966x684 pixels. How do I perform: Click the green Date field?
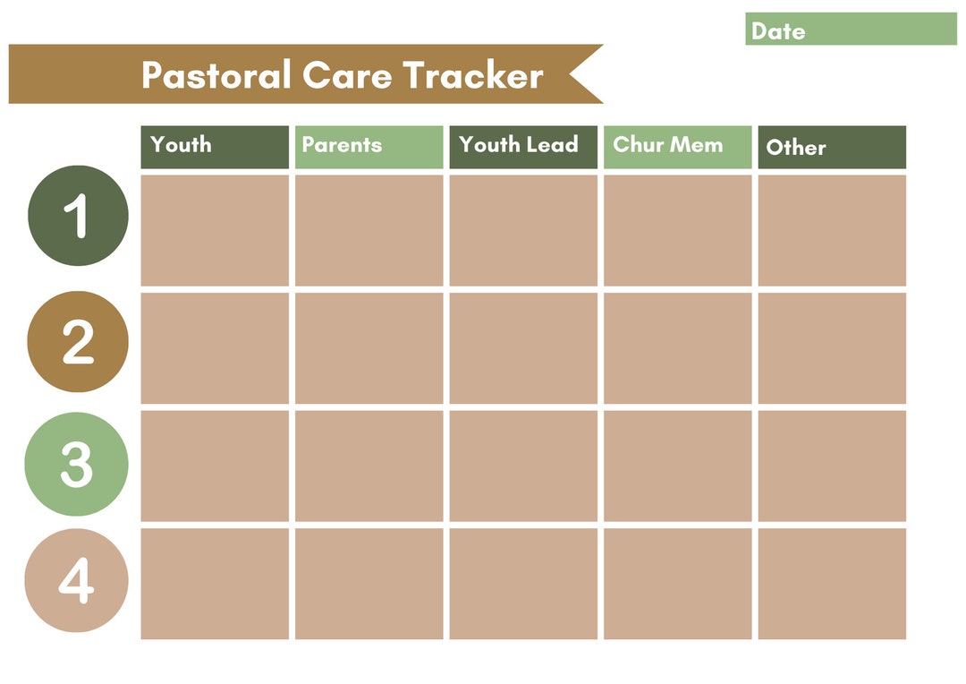click(x=850, y=30)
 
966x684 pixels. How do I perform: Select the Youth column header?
click(x=215, y=147)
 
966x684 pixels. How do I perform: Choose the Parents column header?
click(x=369, y=147)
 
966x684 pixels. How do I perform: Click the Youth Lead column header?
click(x=523, y=147)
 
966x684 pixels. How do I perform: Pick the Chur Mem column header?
click(x=677, y=147)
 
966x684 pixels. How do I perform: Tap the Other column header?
click(x=832, y=147)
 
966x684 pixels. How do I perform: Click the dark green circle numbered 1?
click(x=78, y=216)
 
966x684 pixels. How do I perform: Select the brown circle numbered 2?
click(x=78, y=341)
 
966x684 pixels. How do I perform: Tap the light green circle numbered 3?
click(x=76, y=464)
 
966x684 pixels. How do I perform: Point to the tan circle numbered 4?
click(x=76, y=581)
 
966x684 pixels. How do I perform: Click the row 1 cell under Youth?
click(x=215, y=230)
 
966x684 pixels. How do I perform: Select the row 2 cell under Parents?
click(x=369, y=348)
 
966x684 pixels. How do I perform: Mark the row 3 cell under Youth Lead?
click(x=523, y=466)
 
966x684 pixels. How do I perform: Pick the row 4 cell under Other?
click(x=832, y=584)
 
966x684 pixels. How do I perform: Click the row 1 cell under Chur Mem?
click(x=677, y=230)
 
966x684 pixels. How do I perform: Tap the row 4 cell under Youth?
click(x=215, y=584)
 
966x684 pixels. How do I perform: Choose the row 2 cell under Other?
click(x=832, y=348)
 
